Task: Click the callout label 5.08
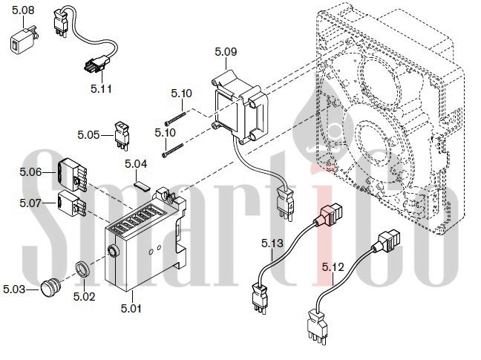tap(23, 10)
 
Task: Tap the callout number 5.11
tap(101, 89)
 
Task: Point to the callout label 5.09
tap(226, 51)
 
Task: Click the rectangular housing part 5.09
tap(240, 107)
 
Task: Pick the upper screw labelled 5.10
tap(175, 118)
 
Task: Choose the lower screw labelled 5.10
tap(172, 151)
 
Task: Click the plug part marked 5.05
tap(121, 136)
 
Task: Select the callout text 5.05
tap(88, 134)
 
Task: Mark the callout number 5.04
tap(136, 164)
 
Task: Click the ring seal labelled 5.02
tap(83, 269)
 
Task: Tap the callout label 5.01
tap(131, 308)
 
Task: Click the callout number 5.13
tap(272, 243)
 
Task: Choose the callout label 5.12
tap(333, 267)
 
